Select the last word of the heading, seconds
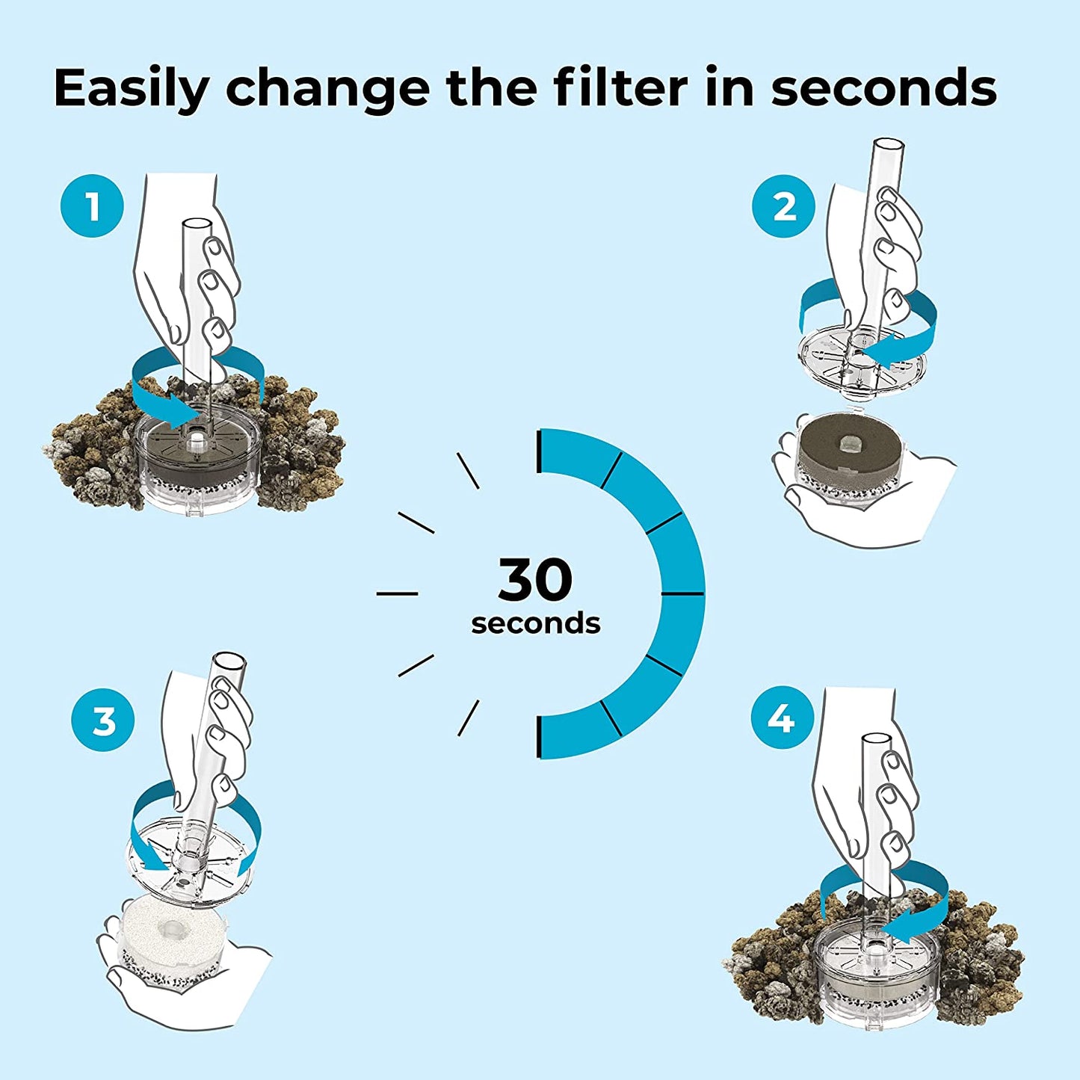[x=883, y=88]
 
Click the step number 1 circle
[x=92, y=206]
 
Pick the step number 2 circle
[x=784, y=206]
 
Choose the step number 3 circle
[x=103, y=720]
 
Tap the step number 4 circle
[x=782, y=718]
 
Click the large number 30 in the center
[x=535, y=580]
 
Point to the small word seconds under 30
[x=535, y=623]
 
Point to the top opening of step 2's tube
[x=889, y=145]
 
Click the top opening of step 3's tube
[x=229, y=662]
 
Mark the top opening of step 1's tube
[x=197, y=225]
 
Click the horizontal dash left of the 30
[x=397, y=593]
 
